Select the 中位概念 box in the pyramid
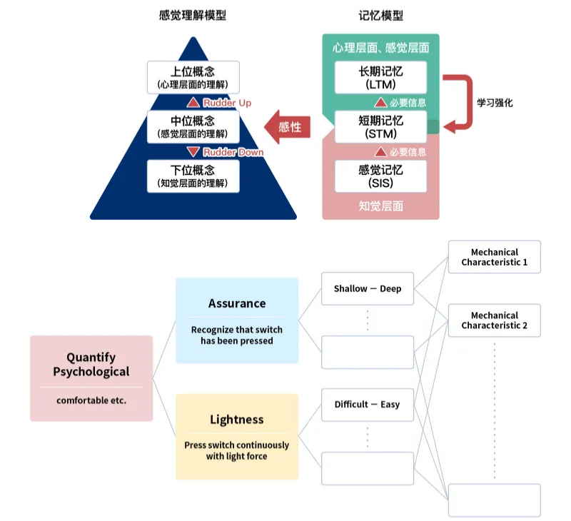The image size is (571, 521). point(193,126)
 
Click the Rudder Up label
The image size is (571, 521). point(227,103)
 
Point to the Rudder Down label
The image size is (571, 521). point(233,152)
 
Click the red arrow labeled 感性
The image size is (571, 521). point(286,127)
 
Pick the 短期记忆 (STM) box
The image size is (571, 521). point(380,127)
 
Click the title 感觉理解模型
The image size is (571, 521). point(193,16)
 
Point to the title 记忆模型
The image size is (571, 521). point(381,16)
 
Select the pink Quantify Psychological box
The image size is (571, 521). point(91,378)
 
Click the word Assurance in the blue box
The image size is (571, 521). point(237,303)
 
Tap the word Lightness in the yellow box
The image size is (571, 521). point(237,419)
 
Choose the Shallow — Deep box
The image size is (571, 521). point(368,289)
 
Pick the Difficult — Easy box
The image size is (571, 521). point(368,405)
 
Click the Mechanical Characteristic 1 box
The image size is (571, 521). point(495,257)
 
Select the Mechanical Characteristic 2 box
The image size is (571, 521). point(495,320)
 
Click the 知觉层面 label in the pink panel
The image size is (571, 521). point(380,206)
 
